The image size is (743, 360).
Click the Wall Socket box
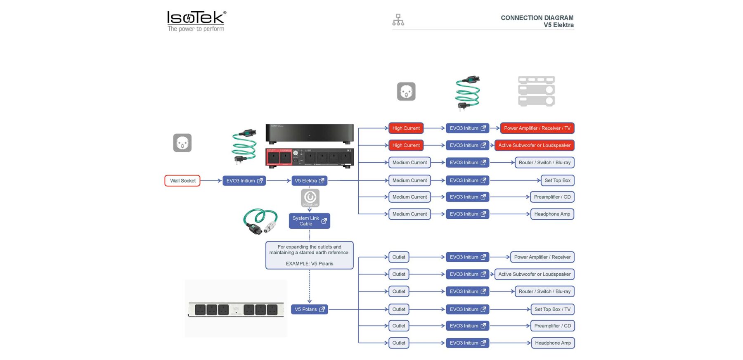click(x=182, y=181)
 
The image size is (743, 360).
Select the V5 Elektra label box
click(x=309, y=181)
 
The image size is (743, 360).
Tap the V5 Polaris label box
click(x=309, y=310)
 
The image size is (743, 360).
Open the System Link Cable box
click(x=309, y=221)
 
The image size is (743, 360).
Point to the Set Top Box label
click(x=557, y=180)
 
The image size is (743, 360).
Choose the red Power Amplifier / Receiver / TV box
click(x=537, y=128)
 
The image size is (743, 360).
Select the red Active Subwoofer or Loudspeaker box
click(x=534, y=145)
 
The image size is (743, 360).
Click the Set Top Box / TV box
click(x=552, y=309)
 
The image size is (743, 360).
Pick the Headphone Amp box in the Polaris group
click(x=553, y=343)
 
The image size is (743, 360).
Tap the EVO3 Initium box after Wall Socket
click(x=244, y=181)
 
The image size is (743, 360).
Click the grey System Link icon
click(x=310, y=198)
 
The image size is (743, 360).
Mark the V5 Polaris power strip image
click(x=236, y=309)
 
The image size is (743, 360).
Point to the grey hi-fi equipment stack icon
click(x=536, y=91)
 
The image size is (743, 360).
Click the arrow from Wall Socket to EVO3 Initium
click(x=211, y=181)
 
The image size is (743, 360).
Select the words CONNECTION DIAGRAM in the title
click(x=537, y=18)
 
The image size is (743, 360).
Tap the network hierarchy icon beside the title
click(x=398, y=20)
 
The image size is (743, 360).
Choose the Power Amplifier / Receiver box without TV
click(x=542, y=257)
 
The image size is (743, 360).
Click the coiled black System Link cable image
click(x=260, y=221)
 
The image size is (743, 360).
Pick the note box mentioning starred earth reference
click(x=309, y=255)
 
